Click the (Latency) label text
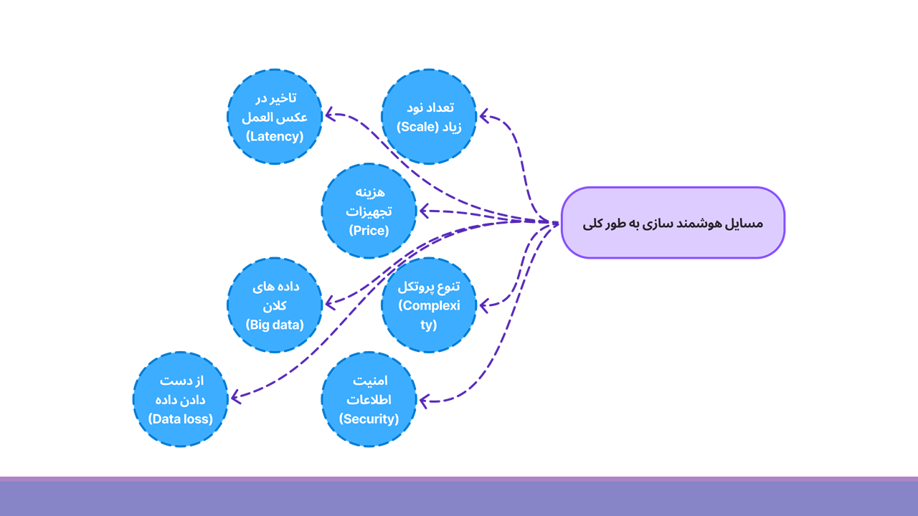click(275, 136)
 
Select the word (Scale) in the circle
click(417, 127)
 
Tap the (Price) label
click(369, 231)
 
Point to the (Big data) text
click(275, 325)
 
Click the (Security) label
click(369, 419)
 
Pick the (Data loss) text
click(180, 419)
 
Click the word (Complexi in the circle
click(429, 305)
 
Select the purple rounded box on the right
click(673, 223)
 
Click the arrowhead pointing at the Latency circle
click(331, 115)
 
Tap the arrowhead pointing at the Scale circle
click(486, 116)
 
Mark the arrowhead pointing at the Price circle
click(425, 211)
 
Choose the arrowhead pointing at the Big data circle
click(331, 304)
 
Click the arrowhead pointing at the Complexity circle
click(486, 305)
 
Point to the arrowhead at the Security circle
click(425, 401)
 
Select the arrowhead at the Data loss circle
click(237, 397)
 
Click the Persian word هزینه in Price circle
click(370, 192)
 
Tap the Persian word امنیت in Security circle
click(370, 381)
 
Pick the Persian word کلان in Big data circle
click(275, 305)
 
